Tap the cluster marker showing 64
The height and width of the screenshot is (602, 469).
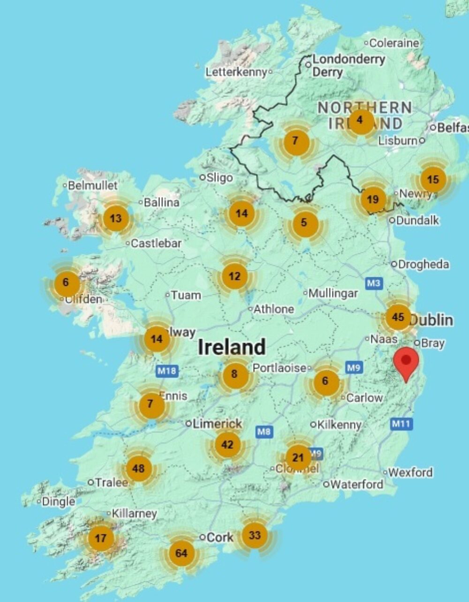tap(181, 553)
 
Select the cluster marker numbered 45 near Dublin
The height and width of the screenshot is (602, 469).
tap(398, 317)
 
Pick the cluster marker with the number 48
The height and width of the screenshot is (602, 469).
tap(138, 468)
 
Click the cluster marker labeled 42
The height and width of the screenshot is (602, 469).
tap(227, 444)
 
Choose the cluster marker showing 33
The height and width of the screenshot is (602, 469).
tap(254, 535)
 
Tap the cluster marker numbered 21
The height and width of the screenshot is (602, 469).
tap(298, 457)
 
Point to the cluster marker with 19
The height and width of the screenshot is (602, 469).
tap(373, 200)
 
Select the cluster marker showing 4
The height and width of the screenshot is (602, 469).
tap(360, 120)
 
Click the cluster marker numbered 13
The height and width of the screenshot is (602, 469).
tap(115, 218)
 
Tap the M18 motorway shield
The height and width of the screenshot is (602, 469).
tap(166, 371)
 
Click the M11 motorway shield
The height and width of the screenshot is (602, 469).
tap(401, 424)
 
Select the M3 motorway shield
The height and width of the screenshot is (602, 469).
tap(374, 283)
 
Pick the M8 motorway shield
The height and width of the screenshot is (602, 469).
tap(264, 431)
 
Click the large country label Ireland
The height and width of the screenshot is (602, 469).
tap(232, 347)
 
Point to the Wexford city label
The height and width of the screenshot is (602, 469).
tap(410, 472)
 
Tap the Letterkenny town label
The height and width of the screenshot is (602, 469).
tap(236, 72)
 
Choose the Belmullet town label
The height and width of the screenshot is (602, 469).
tap(92, 185)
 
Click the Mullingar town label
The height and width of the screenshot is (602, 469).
tap(333, 293)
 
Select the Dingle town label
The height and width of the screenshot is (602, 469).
tap(58, 502)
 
